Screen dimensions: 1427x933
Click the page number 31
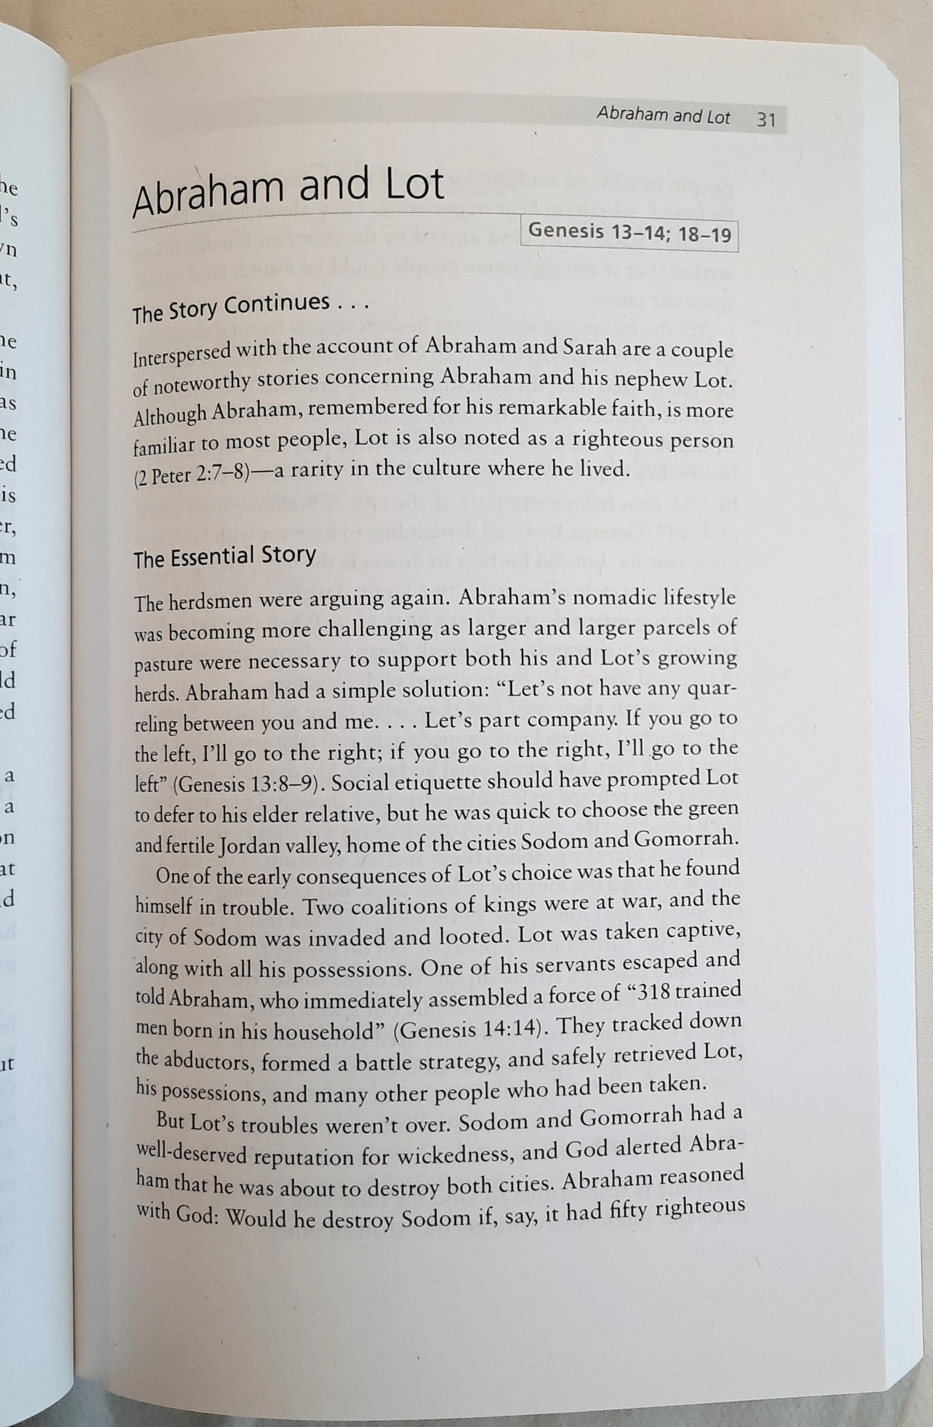click(766, 120)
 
